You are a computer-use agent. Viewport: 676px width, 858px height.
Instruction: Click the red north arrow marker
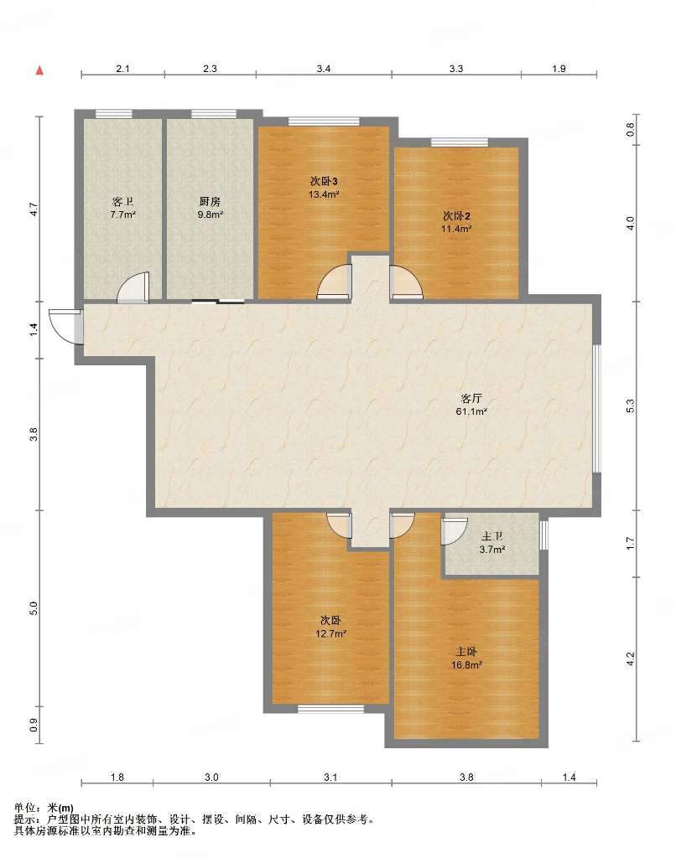tap(39, 70)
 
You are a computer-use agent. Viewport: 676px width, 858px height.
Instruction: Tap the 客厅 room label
tap(471, 398)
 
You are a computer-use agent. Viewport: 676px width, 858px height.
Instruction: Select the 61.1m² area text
tap(471, 411)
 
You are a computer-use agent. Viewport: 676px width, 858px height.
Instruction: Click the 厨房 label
tap(210, 201)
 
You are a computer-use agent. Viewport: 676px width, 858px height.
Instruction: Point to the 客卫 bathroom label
tap(122, 201)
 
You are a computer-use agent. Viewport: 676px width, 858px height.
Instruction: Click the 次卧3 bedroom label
tap(325, 181)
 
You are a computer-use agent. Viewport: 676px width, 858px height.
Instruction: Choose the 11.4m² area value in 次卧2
tap(456, 230)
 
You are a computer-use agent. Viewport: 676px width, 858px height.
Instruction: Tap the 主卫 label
tap(492, 537)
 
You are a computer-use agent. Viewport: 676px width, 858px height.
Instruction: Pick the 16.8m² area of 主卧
tap(466, 665)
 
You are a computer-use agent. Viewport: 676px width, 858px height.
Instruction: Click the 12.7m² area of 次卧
tap(331, 633)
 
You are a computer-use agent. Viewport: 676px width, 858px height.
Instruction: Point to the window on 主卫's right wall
tap(543, 535)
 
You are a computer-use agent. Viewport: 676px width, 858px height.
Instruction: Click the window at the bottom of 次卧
tap(331, 709)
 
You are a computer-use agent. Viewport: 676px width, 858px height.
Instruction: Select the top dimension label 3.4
tap(324, 69)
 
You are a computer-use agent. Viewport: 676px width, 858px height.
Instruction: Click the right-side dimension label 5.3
tap(630, 406)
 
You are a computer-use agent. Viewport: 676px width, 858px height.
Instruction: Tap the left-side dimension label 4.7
tap(34, 209)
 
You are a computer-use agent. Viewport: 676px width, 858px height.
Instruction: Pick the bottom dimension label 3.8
tap(466, 777)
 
